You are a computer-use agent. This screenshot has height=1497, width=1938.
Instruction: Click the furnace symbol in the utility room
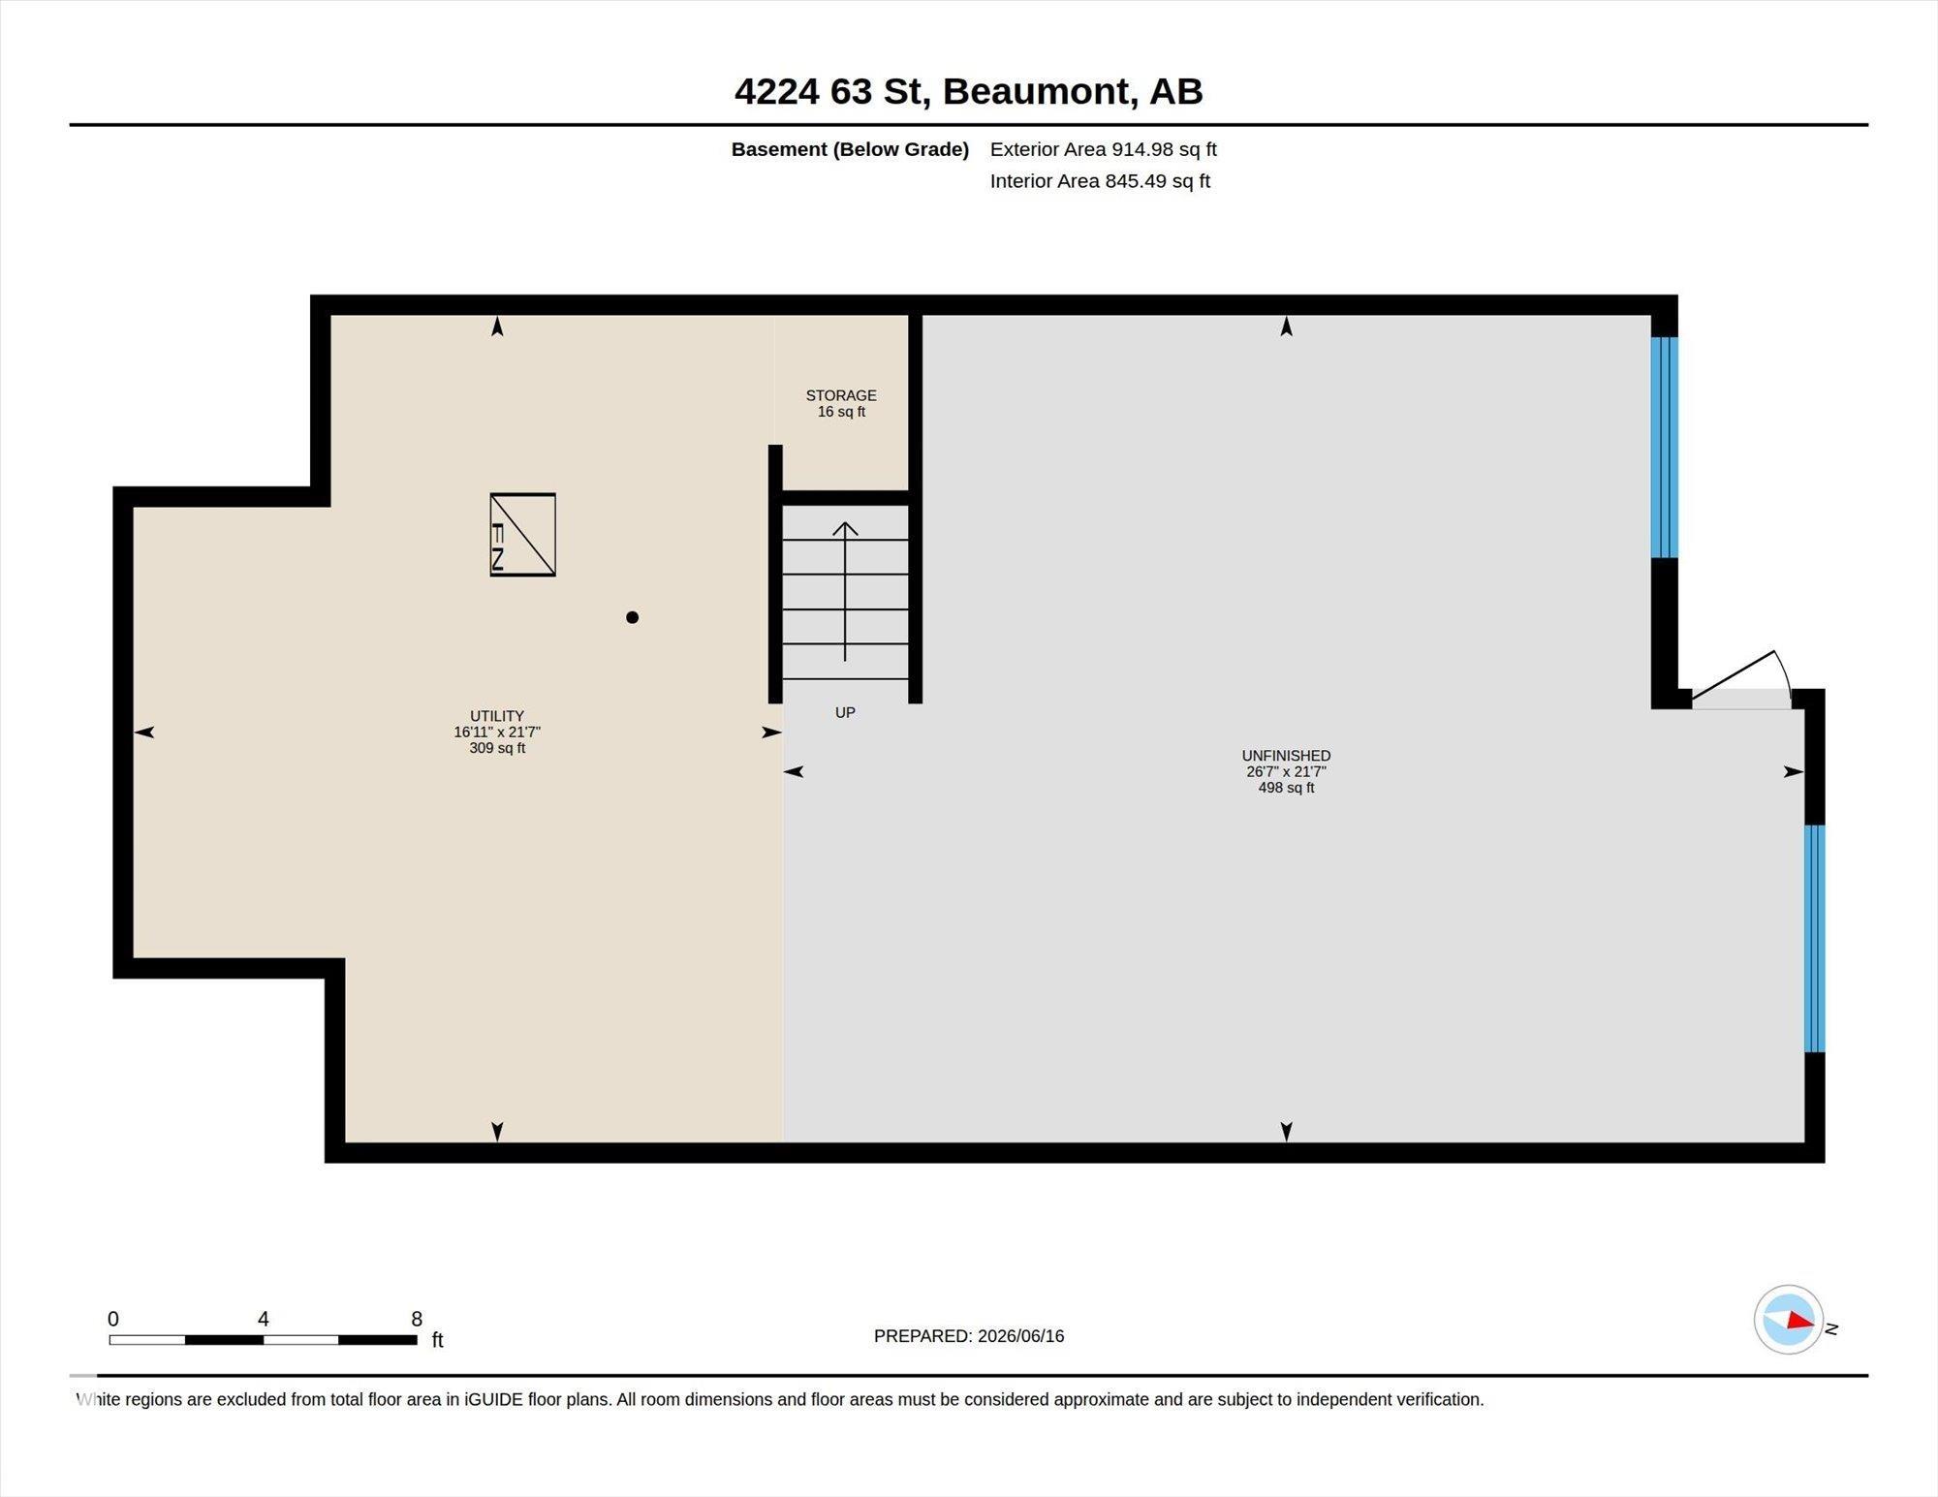click(522, 535)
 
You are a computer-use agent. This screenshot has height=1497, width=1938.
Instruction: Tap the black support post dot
click(632, 617)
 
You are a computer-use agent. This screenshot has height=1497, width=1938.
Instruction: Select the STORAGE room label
click(841, 395)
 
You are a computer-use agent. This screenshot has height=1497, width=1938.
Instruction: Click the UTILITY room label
click(497, 716)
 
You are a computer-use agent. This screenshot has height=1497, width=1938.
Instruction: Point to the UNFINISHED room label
click(1286, 756)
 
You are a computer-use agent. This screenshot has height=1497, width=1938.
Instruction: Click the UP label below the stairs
click(845, 712)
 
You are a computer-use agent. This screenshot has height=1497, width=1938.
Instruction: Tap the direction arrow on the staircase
click(845, 592)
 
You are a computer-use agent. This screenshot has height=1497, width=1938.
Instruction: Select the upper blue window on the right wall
click(1664, 448)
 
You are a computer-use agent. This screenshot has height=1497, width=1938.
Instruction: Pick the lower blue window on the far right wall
click(1814, 938)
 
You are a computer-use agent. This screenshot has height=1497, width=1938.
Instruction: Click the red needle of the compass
click(1800, 1321)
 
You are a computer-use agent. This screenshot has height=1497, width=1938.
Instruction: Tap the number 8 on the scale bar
click(417, 1319)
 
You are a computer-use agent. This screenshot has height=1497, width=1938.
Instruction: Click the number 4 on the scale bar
click(263, 1319)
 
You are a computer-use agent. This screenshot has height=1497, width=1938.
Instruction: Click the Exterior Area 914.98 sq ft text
click(1103, 149)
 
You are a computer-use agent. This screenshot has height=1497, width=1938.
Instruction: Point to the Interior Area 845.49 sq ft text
click(1100, 181)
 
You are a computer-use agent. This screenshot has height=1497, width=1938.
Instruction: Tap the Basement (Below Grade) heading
click(850, 149)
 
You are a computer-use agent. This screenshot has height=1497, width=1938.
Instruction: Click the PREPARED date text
click(969, 1336)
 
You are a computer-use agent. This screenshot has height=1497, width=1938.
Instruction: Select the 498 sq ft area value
click(1286, 788)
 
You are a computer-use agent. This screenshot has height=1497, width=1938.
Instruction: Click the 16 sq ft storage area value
click(841, 412)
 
